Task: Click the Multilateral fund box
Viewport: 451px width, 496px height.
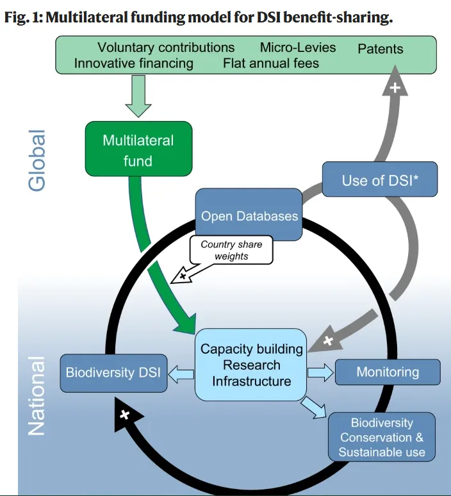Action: click(138, 149)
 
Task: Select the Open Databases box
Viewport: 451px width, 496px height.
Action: click(249, 215)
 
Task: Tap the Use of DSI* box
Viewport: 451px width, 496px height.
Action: click(379, 180)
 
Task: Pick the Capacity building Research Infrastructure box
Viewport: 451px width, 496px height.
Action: click(251, 365)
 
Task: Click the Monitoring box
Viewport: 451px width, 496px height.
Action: click(388, 372)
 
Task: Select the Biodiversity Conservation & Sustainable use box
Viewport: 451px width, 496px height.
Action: click(381, 437)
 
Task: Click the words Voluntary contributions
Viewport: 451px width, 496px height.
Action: click(166, 47)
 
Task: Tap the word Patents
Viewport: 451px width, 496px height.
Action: click(381, 49)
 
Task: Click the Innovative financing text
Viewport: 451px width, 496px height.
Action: click(133, 63)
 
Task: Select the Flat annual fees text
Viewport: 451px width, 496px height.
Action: click(271, 63)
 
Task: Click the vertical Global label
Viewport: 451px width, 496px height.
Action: click(38, 160)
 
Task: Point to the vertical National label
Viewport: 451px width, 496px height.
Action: click(38, 395)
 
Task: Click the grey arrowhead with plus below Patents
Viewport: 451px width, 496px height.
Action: click(395, 87)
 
